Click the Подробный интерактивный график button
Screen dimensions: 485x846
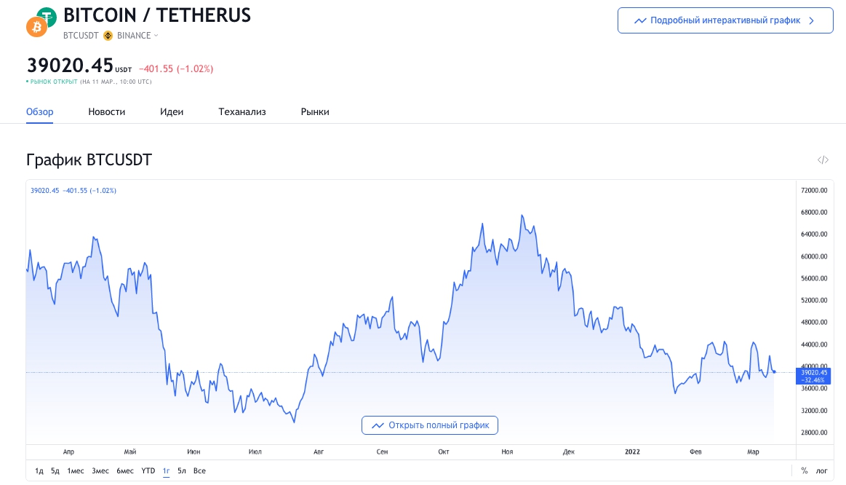coord(725,20)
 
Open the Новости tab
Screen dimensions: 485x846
coord(107,111)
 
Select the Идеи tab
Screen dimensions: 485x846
coord(172,111)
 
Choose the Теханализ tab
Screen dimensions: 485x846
coord(242,111)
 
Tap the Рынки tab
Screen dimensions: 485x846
coord(315,111)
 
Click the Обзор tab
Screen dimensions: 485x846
coord(40,111)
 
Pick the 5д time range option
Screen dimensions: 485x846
coord(55,471)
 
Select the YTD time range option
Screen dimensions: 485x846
coord(148,471)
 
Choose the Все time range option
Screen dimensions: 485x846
coord(199,471)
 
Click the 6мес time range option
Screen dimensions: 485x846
coord(125,471)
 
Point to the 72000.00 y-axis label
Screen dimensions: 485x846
coord(815,191)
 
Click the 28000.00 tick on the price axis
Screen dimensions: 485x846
coord(815,433)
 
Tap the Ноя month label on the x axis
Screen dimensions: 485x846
coord(507,452)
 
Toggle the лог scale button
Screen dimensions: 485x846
coord(821,471)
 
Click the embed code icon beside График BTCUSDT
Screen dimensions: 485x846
coord(823,160)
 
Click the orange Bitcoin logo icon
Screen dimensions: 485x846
coord(36,28)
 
